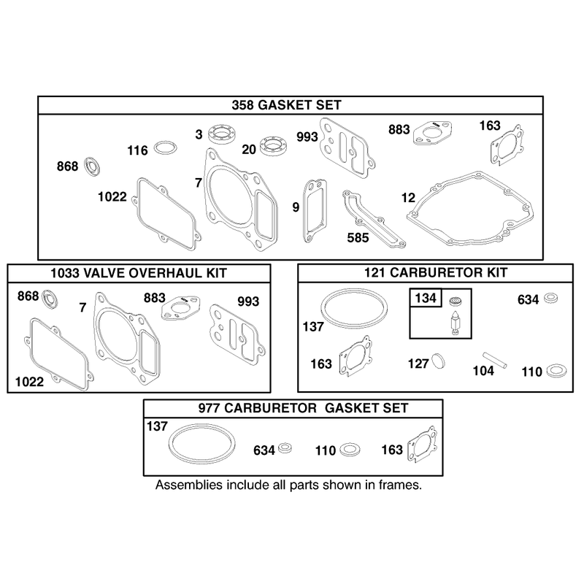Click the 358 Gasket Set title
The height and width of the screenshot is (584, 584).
coord(286,105)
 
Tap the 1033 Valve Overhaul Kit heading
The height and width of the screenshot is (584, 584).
coord(139,273)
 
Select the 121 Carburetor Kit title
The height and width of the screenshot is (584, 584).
coord(435,272)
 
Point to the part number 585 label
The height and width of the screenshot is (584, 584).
coord(358,238)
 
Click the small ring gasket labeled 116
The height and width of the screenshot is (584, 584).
coord(166,147)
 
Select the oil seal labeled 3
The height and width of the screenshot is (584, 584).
coord(222,134)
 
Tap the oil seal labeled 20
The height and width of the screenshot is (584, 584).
coord(273,145)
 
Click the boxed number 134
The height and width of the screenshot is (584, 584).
coord(426,298)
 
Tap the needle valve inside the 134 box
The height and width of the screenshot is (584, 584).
coord(456,323)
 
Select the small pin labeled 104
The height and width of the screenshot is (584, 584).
coord(495,360)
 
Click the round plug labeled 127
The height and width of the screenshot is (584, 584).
coord(438,361)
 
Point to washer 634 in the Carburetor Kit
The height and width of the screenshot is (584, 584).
coord(551,298)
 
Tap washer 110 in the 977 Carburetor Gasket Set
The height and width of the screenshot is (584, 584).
coord(350,449)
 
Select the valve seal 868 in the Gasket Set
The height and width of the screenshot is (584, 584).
coord(92,166)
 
